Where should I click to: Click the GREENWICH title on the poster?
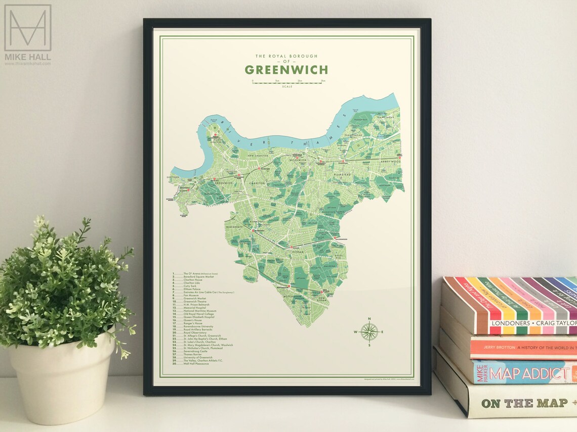(x=286, y=70)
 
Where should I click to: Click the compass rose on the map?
(x=369, y=332)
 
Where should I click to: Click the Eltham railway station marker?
(x=291, y=247)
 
